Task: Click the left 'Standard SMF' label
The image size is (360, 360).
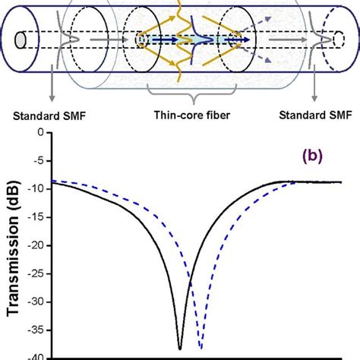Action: point(47,116)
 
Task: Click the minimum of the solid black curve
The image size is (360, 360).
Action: point(181,347)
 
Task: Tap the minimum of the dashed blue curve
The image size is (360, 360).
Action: point(201,347)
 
